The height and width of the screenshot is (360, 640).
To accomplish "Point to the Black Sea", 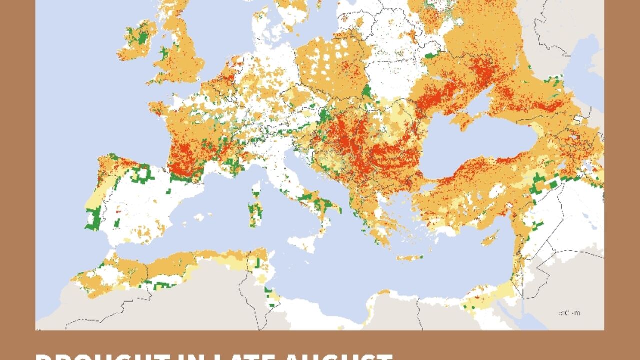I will click(480, 145).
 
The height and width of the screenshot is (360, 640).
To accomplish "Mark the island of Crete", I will click(410, 258).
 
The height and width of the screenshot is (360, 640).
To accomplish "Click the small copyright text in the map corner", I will click(570, 313).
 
